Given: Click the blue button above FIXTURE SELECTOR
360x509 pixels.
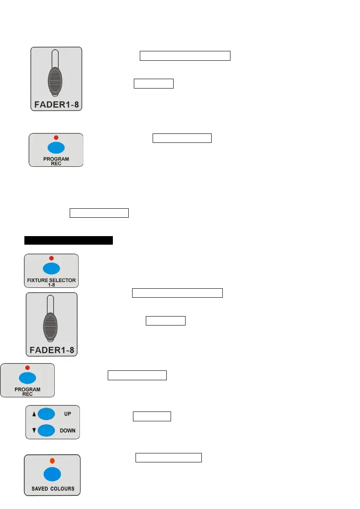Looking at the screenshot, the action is point(51,268).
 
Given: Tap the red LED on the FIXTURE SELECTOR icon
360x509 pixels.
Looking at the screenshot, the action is point(51,258).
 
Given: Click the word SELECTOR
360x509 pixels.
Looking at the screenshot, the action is point(62,280).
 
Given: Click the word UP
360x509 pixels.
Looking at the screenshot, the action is point(68,414).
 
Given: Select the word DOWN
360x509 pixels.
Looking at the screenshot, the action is point(68,430).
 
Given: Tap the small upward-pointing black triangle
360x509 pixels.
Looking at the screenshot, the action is point(34,414).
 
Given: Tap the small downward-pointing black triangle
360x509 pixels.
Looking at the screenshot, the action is point(34,430).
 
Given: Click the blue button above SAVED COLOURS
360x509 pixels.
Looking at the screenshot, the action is point(52,474).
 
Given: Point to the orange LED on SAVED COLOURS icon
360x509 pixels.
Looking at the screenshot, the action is point(52,461).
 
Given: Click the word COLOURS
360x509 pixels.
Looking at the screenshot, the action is point(62,488).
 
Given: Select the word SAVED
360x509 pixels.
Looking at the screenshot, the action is point(40,488).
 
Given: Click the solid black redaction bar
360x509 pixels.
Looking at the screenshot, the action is point(68,240).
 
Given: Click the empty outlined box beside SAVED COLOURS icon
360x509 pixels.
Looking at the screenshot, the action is point(168,458).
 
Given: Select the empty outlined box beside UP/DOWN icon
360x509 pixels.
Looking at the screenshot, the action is point(152,416).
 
